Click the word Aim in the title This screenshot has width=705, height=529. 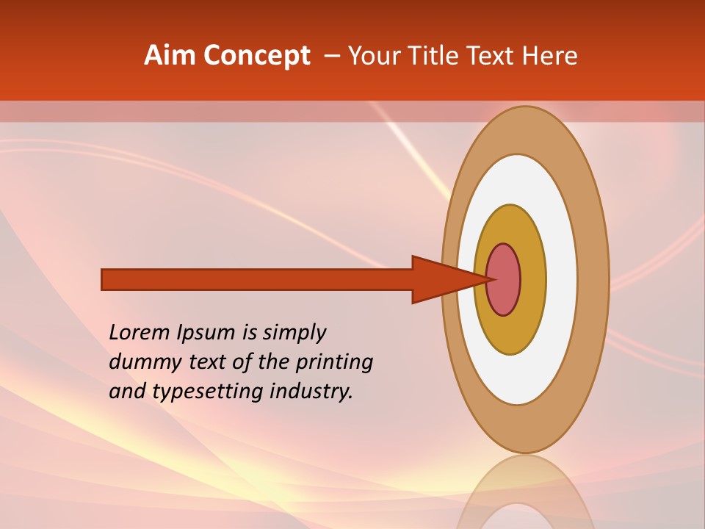170,56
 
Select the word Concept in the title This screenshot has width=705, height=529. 256,56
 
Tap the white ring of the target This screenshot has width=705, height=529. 561,280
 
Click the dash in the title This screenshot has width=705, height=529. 331,57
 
